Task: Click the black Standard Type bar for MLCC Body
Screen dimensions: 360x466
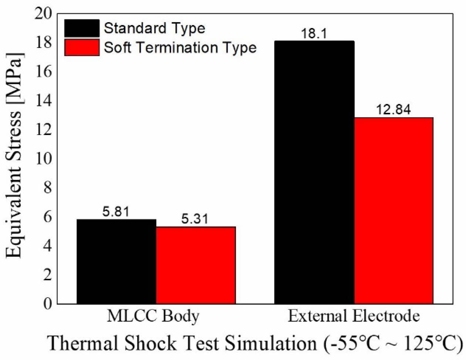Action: pyautogui.click(x=116, y=261)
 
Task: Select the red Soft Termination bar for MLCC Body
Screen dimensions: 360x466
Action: pyautogui.click(x=196, y=265)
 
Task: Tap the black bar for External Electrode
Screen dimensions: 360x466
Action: pyautogui.click(x=314, y=172)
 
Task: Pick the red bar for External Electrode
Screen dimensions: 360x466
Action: pyautogui.click(x=394, y=211)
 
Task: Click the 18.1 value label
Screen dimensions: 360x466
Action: pyautogui.click(x=314, y=34)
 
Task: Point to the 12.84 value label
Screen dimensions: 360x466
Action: pyautogui.click(x=394, y=110)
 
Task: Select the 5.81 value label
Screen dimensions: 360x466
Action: pyautogui.click(x=116, y=212)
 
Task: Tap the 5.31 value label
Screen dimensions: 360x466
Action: pyautogui.click(x=195, y=220)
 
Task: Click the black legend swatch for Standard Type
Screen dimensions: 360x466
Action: pyautogui.click(x=82, y=28)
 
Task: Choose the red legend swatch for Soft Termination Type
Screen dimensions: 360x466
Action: pyautogui.click(x=82, y=47)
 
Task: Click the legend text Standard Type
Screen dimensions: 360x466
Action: pyautogui.click(x=154, y=28)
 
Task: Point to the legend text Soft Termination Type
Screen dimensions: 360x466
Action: pyautogui.click(x=180, y=47)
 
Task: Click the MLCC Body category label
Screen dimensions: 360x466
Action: pyautogui.click(x=153, y=317)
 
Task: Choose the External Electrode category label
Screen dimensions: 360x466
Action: pyautogui.click(x=354, y=317)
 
